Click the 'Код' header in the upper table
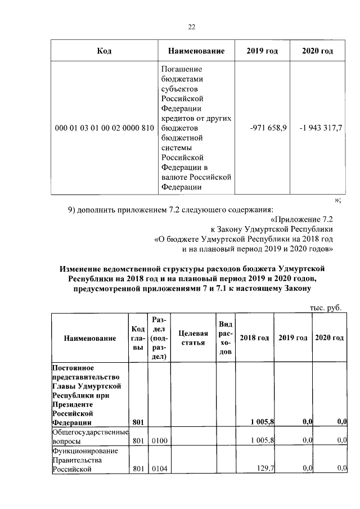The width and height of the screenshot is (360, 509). (x=103, y=51)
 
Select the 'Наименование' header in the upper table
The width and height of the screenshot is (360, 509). (x=196, y=51)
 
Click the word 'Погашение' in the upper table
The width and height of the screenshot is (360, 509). (x=179, y=69)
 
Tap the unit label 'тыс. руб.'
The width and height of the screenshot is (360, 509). (x=325, y=307)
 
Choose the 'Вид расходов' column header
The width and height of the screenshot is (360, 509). (x=226, y=337)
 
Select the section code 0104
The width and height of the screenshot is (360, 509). (x=158, y=468)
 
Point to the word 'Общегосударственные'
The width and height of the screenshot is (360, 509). (x=90, y=433)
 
